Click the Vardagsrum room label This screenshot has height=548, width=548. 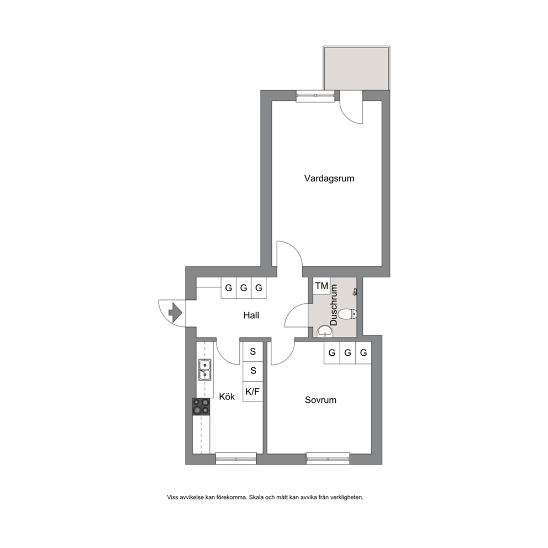(329, 178)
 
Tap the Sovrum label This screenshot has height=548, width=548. (320, 400)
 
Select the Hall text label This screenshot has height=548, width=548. (251, 315)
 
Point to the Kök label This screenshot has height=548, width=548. (227, 396)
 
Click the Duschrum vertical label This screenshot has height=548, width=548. (334, 305)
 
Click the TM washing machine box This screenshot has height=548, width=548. (322, 286)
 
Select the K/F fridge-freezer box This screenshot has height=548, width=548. (252, 392)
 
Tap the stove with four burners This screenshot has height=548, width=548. (201, 407)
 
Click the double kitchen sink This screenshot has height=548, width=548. (205, 370)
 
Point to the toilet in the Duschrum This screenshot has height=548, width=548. (347, 314)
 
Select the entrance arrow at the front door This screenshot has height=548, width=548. (176, 313)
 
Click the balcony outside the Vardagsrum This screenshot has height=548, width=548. (356, 68)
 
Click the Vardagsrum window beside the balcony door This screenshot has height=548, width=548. (315, 96)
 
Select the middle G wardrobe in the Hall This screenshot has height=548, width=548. (244, 288)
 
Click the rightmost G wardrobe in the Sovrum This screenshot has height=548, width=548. (363, 352)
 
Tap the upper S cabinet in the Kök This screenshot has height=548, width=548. (252, 351)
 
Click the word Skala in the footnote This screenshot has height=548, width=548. (257, 497)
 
